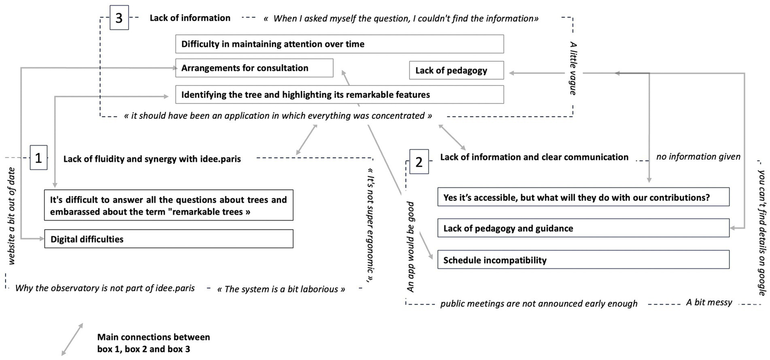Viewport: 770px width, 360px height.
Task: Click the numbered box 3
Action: coord(119,19)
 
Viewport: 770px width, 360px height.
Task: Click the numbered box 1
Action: coord(39,159)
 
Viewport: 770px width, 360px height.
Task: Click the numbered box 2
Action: coord(419,161)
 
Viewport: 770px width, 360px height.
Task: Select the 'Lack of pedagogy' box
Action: coord(456,71)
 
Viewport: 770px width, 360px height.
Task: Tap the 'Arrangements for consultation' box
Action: coord(254,68)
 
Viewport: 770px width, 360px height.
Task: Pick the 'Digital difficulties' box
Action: coord(169,239)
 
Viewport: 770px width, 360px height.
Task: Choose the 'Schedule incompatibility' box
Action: coord(583,260)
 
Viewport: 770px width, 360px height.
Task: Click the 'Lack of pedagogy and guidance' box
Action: coord(583,229)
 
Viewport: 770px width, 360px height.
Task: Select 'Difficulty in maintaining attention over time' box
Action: coord(339,44)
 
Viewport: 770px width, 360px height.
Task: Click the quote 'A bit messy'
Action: coord(709,303)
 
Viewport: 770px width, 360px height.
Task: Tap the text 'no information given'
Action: coord(698,157)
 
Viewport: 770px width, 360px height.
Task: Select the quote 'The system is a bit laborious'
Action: coord(281,289)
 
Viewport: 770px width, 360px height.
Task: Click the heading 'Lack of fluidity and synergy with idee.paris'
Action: coord(152,159)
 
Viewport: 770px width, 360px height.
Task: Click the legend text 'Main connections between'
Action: coord(153,337)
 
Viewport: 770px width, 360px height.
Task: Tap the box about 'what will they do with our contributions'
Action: coord(583,198)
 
